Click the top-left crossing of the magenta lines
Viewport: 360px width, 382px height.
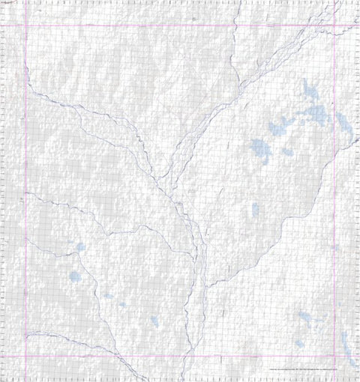click(x=25, y=25)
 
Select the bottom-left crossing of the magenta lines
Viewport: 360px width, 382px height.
click(x=25, y=354)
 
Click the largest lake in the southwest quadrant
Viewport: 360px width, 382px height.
click(x=74, y=276)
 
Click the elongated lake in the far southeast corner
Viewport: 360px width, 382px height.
click(x=347, y=346)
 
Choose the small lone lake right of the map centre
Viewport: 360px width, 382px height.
click(x=255, y=209)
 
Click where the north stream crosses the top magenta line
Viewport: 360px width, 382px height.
click(x=234, y=25)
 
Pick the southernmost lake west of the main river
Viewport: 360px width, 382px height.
click(x=154, y=321)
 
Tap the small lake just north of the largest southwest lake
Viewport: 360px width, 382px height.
click(x=79, y=246)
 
